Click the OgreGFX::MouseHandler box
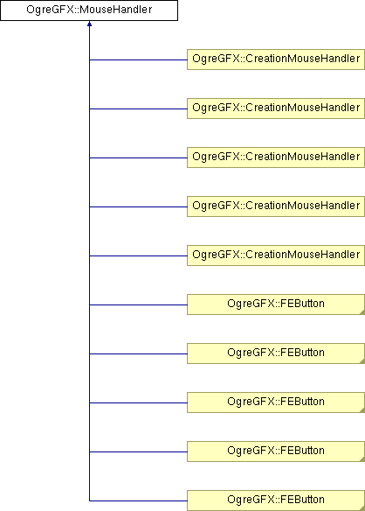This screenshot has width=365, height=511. [89, 10]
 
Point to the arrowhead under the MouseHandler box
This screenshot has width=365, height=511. [89, 24]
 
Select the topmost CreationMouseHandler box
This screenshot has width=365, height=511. [276, 59]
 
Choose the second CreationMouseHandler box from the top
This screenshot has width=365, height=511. [276, 108]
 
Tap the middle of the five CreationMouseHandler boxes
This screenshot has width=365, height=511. [276, 157]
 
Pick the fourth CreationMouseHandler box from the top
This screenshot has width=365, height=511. [276, 206]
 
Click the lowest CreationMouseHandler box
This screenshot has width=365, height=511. [276, 255]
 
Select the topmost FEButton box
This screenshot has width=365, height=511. [276, 304]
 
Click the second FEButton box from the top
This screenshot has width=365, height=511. [276, 353]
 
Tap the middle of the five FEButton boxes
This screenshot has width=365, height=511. [276, 402]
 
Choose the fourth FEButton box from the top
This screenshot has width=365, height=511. [276, 451]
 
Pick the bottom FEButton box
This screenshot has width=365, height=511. [276, 500]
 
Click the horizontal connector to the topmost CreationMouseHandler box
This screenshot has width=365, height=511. [138, 60]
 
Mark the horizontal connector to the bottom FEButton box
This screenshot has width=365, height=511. [138, 500]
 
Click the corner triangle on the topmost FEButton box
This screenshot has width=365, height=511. [362, 312]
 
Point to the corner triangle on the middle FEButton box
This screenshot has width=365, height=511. [362, 410]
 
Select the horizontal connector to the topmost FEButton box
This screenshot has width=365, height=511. [138, 305]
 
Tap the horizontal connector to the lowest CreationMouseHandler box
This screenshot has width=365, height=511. [138, 255]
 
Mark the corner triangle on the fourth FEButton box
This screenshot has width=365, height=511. [362, 459]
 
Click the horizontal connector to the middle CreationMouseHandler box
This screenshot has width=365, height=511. [138, 158]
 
